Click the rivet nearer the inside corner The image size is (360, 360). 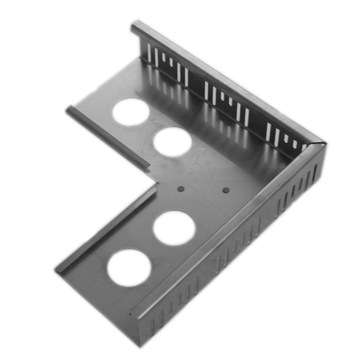181,189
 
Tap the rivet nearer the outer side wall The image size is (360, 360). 225,190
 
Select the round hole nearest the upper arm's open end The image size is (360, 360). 130,111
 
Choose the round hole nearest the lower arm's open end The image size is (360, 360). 128,267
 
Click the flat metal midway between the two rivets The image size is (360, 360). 203,189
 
